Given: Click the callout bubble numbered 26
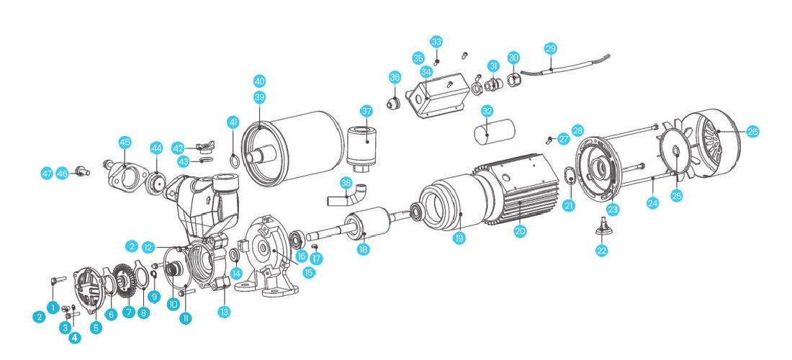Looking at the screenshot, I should pos(752,132).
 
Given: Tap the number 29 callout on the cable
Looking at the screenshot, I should pos(551,49).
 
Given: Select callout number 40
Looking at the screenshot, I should pos(259,81).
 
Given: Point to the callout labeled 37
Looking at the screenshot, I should pos(366,112).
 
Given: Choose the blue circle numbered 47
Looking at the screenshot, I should pos(47,174).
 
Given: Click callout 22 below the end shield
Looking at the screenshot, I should pos(602,251).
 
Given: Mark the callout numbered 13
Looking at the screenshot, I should pos(225,312).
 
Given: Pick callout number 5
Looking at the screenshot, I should pos(96,327).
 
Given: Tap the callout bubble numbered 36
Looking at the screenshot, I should pos(395,77).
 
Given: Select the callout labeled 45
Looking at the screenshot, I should pos(125,143).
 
